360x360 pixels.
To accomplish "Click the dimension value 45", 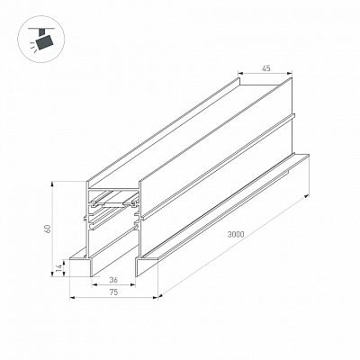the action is (x=266, y=68).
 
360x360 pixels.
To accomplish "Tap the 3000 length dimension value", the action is (x=236, y=235).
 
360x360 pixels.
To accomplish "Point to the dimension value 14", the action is (x=59, y=266).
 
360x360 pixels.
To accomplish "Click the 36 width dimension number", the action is (x=113, y=280).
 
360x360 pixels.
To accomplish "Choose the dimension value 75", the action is (x=113, y=292).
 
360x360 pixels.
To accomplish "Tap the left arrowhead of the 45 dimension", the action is (x=240, y=73).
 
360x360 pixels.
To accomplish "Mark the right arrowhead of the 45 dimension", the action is (x=290, y=73).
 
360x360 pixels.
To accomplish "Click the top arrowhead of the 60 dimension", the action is (x=53, y=184).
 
